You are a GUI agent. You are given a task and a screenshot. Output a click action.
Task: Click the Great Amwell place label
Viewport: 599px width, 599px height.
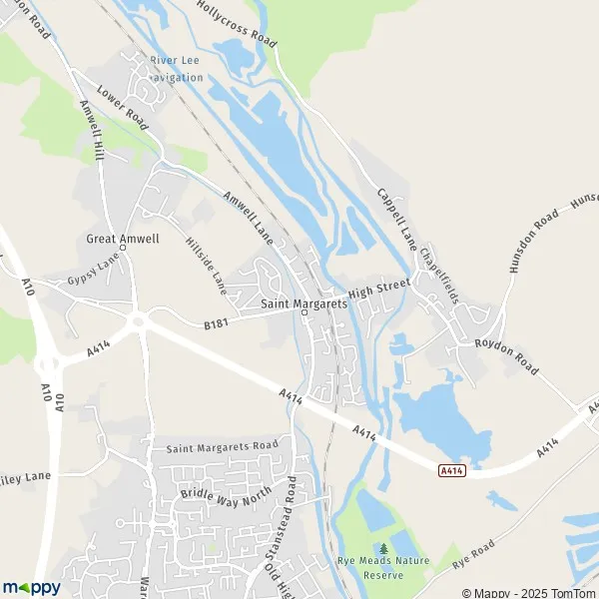tap(123, 240)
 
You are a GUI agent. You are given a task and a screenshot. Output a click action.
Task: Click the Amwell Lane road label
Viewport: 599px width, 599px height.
tap(248, 212)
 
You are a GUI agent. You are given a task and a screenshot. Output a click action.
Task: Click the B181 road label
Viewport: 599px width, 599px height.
tap(217, 323)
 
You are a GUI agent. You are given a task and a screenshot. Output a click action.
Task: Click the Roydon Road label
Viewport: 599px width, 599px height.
tap(507, 357)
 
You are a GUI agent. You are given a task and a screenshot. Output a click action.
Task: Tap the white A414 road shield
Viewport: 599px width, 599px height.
tap(452, 470)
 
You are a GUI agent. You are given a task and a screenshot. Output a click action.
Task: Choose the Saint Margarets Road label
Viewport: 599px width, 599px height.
tap(222, 445)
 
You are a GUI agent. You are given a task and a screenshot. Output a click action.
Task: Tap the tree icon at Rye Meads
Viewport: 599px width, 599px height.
tap(384, 548)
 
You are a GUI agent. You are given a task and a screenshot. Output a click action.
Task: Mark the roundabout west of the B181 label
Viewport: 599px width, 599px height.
tap(137, 321)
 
